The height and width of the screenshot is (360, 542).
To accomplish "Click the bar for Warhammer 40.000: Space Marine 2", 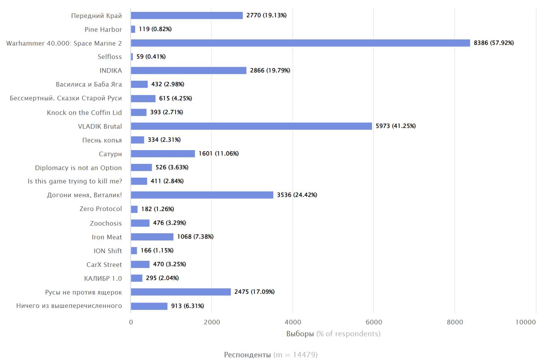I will (x=300, y=43).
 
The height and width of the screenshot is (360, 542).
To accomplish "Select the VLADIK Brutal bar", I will (x=251, y=126).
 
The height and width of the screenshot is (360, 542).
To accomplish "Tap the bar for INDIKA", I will (x=188, y=70).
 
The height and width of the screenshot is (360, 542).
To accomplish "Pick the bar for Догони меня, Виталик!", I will (x=202, y=195).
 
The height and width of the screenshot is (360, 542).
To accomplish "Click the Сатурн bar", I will (x=163, y=154).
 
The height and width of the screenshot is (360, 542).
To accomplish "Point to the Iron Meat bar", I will (x=152, y=237).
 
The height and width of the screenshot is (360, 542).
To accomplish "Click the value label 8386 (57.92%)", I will (x=493, y=43).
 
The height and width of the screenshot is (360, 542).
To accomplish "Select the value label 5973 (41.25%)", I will (x=395, y=126).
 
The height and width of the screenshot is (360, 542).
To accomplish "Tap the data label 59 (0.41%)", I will (x=151, y=57).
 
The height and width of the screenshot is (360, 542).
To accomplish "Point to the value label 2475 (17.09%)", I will (x=254, y=292).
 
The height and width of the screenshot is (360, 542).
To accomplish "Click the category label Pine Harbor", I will (x=103, y=29).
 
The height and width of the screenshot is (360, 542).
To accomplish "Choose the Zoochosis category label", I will (x=106, y=223).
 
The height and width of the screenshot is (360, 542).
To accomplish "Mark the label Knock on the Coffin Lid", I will (x=84, y=113).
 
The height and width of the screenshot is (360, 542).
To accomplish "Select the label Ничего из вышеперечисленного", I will (x=69, y=306).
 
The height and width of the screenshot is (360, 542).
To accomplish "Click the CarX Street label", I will (x=104, y=265).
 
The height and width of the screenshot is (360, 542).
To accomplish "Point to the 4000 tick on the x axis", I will (x=293, y=322).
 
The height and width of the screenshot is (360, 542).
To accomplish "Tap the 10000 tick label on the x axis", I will (x=525, y=322).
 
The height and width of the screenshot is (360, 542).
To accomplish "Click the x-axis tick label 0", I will (x=131, y=322).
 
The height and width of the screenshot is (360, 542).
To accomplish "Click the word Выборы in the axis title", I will (x=300, y=334).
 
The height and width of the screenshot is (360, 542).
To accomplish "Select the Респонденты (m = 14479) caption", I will (x=271, y=355).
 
